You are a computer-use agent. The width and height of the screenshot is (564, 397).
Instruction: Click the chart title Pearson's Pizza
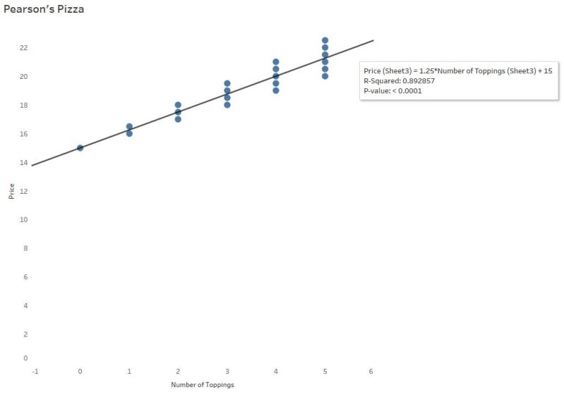[44, 10]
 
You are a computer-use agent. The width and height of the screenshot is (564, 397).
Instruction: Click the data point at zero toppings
[80, 147]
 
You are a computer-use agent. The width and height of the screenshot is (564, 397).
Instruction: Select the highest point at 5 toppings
[325, 40]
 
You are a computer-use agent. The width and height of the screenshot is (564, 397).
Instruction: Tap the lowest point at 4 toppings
[276, 90]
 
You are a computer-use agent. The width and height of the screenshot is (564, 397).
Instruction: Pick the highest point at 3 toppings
[227, 83]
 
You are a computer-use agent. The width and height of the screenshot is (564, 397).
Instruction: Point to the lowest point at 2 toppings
[178, 119]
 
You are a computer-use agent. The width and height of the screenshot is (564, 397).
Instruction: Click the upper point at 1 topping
[129, 126]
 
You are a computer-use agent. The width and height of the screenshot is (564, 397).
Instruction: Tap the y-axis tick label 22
[23, 48]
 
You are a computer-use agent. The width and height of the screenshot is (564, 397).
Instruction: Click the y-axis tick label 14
[23, 163]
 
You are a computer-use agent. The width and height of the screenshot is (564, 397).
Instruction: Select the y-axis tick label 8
[25, 249]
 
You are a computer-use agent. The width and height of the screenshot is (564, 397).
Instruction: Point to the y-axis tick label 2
[25, 334]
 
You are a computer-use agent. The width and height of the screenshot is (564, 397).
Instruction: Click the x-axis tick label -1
[33, 371]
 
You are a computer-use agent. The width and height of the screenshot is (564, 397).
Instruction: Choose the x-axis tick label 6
[371, 371]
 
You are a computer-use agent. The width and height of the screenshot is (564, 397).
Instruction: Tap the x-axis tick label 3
[227, 371]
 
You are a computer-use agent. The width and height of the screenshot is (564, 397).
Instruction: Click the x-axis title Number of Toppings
[202, 385]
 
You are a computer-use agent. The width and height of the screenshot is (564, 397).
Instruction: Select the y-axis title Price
[11, 190]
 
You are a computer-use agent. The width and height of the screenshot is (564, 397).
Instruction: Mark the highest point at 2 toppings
[178, 105]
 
